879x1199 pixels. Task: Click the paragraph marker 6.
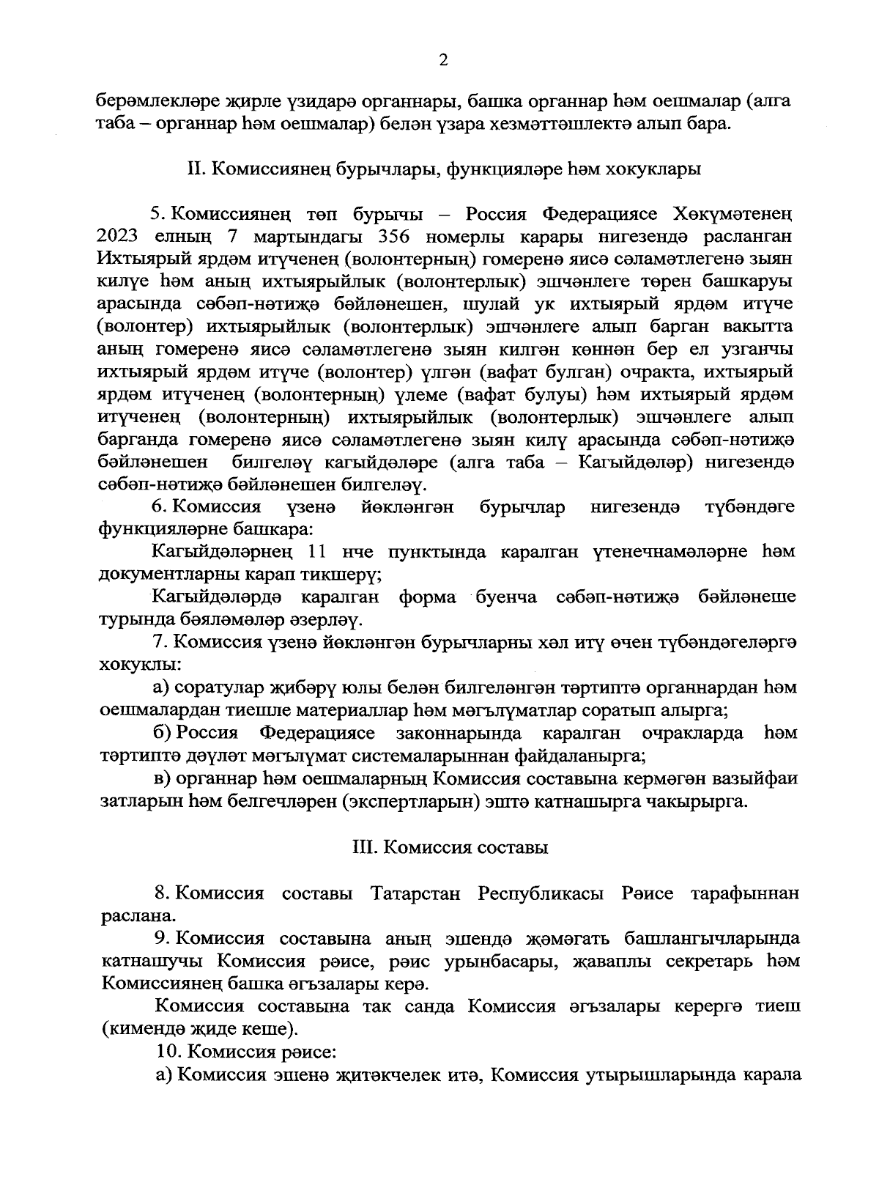coord(157,507)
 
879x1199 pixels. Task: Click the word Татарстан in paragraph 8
coord(415,894)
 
